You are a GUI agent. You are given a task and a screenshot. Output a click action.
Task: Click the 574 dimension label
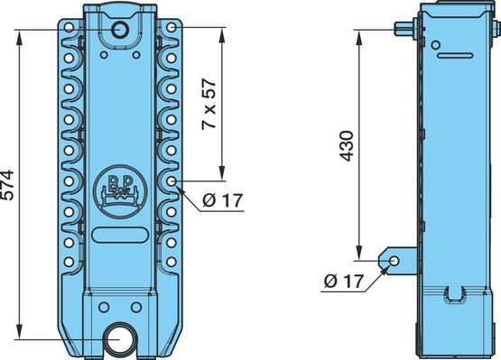pyautogui.click(x=7, y=185)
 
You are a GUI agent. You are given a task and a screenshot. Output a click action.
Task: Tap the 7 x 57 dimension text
pyautogui.click(x=209, y=104)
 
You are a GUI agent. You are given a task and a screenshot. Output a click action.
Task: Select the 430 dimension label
pyautogui.click(x=347, y=145)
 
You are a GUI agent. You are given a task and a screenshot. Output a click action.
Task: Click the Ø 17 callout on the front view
pyautogui.click(x=223, y=200)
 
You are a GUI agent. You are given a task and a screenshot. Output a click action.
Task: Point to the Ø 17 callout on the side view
pyautogui.click(x=344, y=282)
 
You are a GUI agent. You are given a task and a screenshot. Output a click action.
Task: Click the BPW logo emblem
pyautogui.click(x=120, y=191)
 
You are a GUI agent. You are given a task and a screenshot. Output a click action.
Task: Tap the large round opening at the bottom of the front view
pyautogui.click(x=120, y=339)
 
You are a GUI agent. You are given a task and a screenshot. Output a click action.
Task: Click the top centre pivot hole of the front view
pyautogui.click(x=120, y=30)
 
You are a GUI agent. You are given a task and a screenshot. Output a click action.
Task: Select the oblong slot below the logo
pyautogui.click(x=120, y=235)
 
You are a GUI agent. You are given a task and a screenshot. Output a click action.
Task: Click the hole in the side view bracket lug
pyautogui.click(x=394, y=261)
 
